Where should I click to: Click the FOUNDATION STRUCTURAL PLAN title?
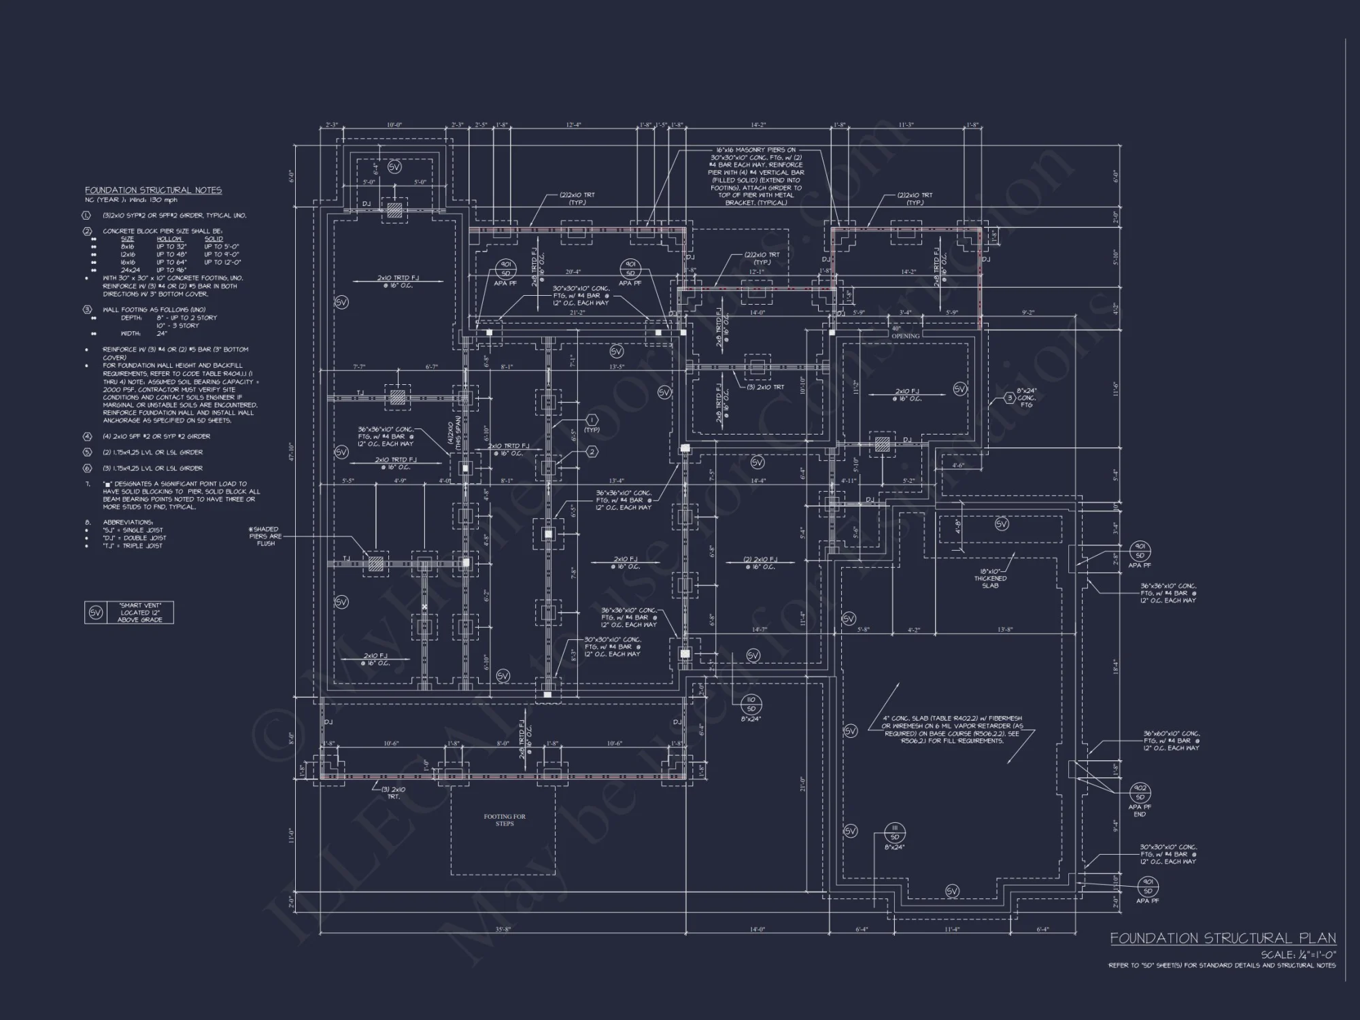1223,938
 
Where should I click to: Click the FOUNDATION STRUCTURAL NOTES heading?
153,190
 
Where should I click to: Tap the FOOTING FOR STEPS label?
505,820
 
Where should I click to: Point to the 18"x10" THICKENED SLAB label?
990,579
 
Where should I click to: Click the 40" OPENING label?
905,333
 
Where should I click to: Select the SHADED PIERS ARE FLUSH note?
265,537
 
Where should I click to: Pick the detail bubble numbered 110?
751,704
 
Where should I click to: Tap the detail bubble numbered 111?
895,832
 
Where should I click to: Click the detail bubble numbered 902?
1140,793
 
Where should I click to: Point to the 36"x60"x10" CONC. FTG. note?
1171,741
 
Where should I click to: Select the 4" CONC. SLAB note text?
952,730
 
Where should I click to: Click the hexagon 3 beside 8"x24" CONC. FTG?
1010,398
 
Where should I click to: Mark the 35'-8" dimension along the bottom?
503,930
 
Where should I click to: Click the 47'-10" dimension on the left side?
291,452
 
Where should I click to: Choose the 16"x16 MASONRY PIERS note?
755,176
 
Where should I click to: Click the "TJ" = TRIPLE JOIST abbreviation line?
134,546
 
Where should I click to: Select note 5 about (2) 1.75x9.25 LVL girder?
152,452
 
